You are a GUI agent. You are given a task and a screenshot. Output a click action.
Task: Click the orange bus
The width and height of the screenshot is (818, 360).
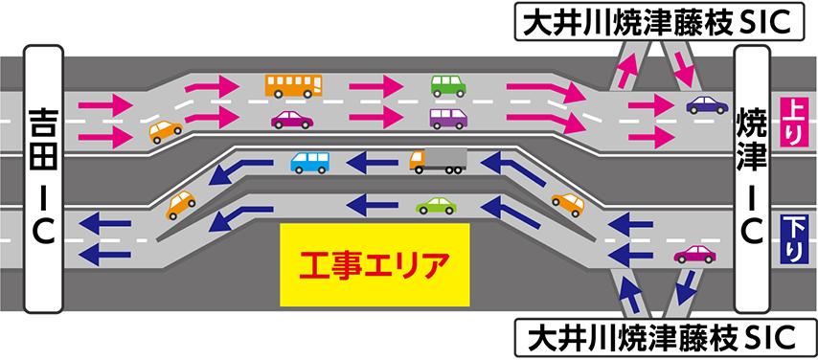(x=294, y=85)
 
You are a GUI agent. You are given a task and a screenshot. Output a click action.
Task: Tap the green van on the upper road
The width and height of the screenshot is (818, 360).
(x=448, y=86)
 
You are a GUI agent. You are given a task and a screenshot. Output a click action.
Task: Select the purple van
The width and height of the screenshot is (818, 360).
(x=448, y=119)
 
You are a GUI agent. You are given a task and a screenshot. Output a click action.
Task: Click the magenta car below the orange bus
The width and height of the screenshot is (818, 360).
(x=292, y=120)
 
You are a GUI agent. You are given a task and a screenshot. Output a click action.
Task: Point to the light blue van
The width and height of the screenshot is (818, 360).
(x=310, y=162)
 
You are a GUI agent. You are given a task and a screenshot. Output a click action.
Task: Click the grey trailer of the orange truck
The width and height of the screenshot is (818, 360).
(x=445, y=157)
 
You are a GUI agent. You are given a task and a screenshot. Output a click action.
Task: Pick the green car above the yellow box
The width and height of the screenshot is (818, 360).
(x=436, y=206)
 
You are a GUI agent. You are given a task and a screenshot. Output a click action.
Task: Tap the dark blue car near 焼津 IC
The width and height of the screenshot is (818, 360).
(x=707, y=105)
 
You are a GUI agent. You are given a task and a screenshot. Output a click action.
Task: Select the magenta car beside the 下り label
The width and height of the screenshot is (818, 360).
(x=694, y=255)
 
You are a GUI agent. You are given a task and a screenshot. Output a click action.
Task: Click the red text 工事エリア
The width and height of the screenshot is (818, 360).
(x=375, y=265)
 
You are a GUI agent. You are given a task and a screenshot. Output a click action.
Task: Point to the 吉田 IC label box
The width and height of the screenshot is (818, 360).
(x=44, y=179)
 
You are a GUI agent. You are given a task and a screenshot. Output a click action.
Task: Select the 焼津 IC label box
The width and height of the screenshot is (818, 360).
(x=752, y=179)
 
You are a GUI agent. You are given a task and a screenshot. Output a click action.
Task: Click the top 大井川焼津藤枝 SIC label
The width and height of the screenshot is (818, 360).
(x=659, y=21)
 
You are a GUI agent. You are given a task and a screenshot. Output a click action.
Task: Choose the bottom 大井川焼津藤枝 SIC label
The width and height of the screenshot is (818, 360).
(x=659, y=338)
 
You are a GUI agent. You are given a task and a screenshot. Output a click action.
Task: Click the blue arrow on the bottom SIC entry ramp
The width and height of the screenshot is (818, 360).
(x=628, y=295)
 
